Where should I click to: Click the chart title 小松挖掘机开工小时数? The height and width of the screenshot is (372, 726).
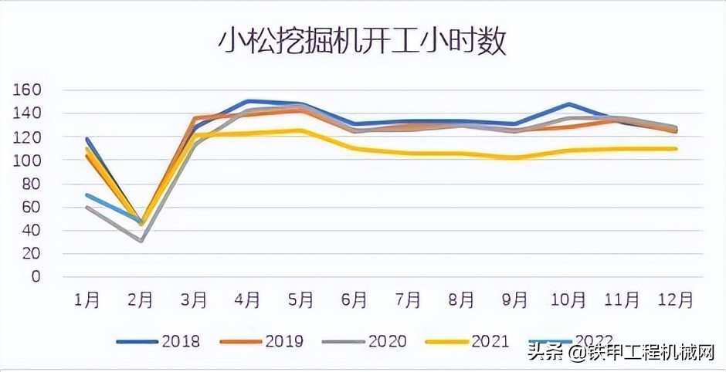tap(361, 40)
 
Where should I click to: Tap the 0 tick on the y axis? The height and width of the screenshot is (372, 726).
tap(35, 276)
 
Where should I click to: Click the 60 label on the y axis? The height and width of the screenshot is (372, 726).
tap(31, 207)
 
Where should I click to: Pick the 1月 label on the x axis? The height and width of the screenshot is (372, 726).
tap(87, 299)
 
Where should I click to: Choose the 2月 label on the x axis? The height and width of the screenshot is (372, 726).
tap(141, 299)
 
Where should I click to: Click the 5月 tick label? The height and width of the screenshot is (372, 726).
tap(301, 299)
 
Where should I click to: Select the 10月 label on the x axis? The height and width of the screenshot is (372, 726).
tap(569, 299)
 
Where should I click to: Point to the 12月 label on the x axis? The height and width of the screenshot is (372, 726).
tap(676, 299)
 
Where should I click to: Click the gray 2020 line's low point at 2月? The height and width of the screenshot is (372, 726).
tap(141, 241)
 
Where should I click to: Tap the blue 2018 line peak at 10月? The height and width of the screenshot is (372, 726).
tap(569, 103)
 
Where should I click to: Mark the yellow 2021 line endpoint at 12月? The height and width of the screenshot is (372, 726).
tap(676, 148)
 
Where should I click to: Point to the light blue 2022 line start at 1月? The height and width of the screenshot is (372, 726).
tap(87, 194)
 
